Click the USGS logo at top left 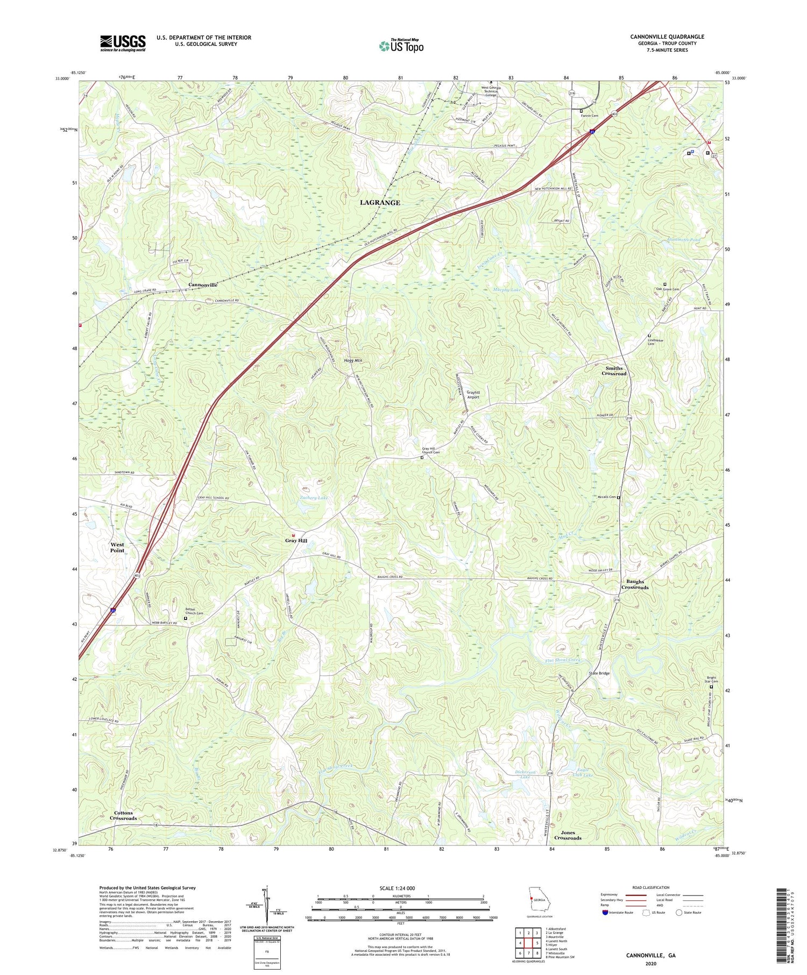pyautogui.click(x=123, y=43)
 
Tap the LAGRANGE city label pyautogui.click(x=380, y=203)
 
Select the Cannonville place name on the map pyautogui.click(x=203, y=284)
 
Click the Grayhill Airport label pyautogui.click(x=473, y=394)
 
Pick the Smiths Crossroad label pyautogui.click(x=614, y=371)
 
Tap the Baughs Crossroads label pyautogui.click(x=635, y=584)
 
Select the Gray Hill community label pyautogui.click(x=296, y=540)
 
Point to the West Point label pyautogui.click(x=117, y=547)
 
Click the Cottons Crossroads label pyautogui.click(x=123, y=815)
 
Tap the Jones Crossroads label pyautogui.click(x=568, y=835)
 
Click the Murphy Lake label pyautogui.click(x=507, y=290)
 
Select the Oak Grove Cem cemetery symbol pyautogui.click(x=664, y=284)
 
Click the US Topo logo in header pyautogui.click(x=401, y=46)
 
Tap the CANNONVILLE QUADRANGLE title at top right pyautogui.click(x=667, y=37)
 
